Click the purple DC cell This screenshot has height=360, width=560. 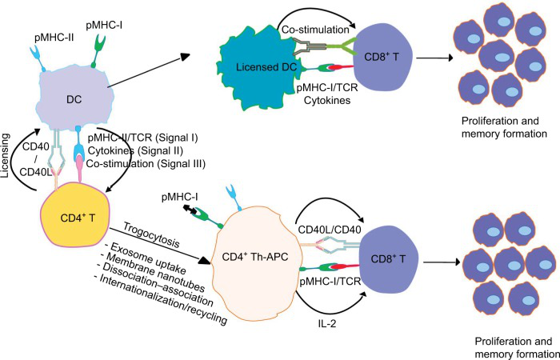coord(74,98)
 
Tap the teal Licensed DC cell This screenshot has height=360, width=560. coord(254,68)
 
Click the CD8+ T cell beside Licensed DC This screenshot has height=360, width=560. coord(383,57)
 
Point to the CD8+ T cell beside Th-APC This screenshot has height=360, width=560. coord(389,258)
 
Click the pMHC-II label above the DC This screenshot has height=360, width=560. coord(54,38)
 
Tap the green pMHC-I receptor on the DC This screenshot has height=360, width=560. coord(97,50)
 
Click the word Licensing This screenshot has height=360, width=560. coord(6,155)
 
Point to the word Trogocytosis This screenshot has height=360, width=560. coord(151,235)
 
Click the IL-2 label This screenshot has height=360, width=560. coord(326,323)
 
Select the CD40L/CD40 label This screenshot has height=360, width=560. coord(330,229)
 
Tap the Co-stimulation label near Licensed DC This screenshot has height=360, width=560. coord(315,30)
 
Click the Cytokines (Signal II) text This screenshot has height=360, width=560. coord(135,150)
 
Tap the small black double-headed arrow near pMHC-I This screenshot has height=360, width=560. coord(190,210)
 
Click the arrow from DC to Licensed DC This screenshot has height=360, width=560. coord(149,70)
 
